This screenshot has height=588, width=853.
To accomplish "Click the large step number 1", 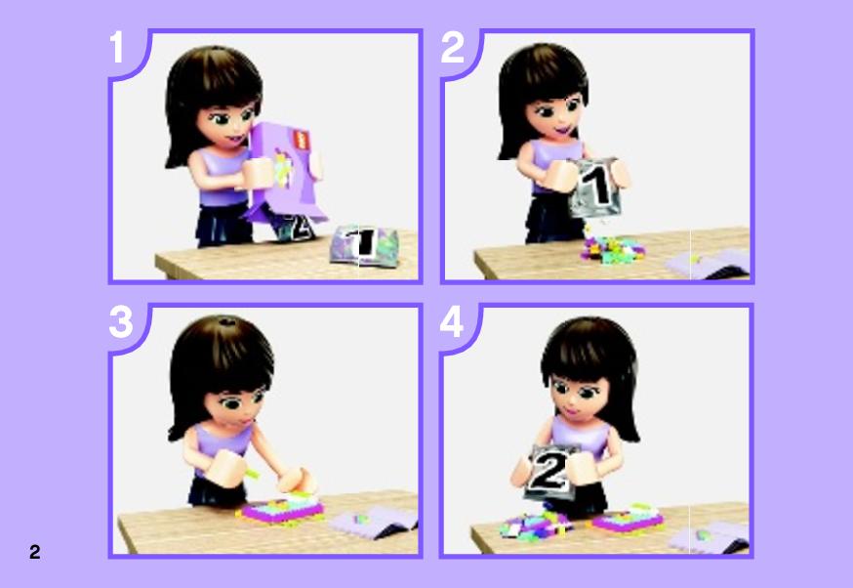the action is [x=117, y=47].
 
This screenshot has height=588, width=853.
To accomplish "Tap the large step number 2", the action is [x=452, y=47].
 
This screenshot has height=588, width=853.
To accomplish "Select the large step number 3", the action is [x=121, y=321].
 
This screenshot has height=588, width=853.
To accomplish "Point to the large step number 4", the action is [x=452, y=321].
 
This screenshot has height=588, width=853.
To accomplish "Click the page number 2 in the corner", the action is [x=35, y=552].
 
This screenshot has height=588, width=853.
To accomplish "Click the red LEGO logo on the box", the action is [x=301, y=139].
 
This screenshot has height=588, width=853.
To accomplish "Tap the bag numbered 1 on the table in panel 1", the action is [x=364, y=245].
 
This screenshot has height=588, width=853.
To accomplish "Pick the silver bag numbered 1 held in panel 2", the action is [x=595, y=188].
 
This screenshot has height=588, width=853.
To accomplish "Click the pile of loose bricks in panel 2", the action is [x=613, y=250].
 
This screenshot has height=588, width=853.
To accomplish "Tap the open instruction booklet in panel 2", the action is [x=708, y=264].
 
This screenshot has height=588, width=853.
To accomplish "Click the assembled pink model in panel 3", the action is [x=281, y=510].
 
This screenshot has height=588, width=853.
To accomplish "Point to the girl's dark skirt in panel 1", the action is [x=224, y=226].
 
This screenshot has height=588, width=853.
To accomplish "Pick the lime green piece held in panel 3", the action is [x=253, y=473].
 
